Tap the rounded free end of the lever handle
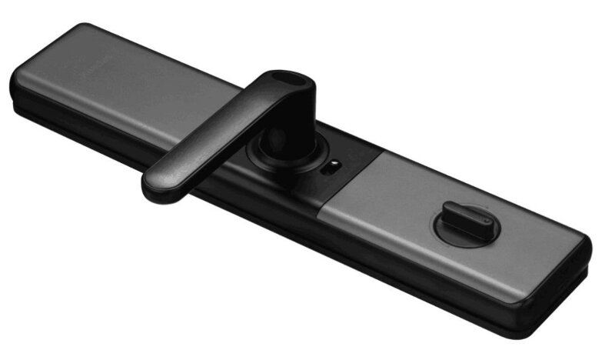(158, 184)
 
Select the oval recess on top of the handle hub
(290, 78)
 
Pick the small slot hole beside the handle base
(334, 164)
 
